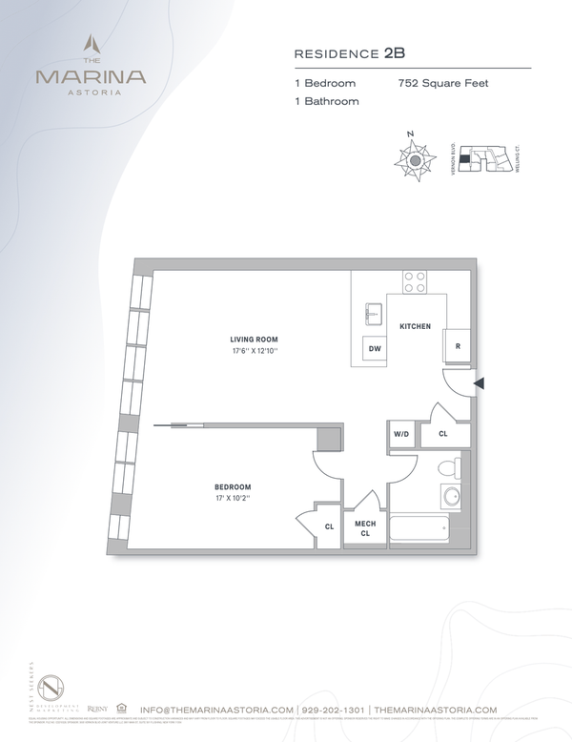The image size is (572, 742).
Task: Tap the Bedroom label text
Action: coord(233,487)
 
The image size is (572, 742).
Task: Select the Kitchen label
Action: coord(415,327)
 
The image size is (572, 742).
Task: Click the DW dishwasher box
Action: coord(374,348)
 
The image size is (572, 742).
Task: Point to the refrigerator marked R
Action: coord(458,347)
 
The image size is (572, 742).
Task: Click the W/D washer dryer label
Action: coord(401,434)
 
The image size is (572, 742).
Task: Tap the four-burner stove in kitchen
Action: coord(415,281)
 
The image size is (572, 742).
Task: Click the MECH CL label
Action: coord(365,528)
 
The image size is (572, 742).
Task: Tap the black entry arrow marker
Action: coord(480,383)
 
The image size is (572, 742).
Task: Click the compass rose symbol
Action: coord(415,160)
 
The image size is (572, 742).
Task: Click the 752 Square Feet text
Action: coord(442,83)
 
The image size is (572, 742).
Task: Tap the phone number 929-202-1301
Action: coord(328,710)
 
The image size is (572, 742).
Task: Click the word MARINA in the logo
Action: coord(91,76)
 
